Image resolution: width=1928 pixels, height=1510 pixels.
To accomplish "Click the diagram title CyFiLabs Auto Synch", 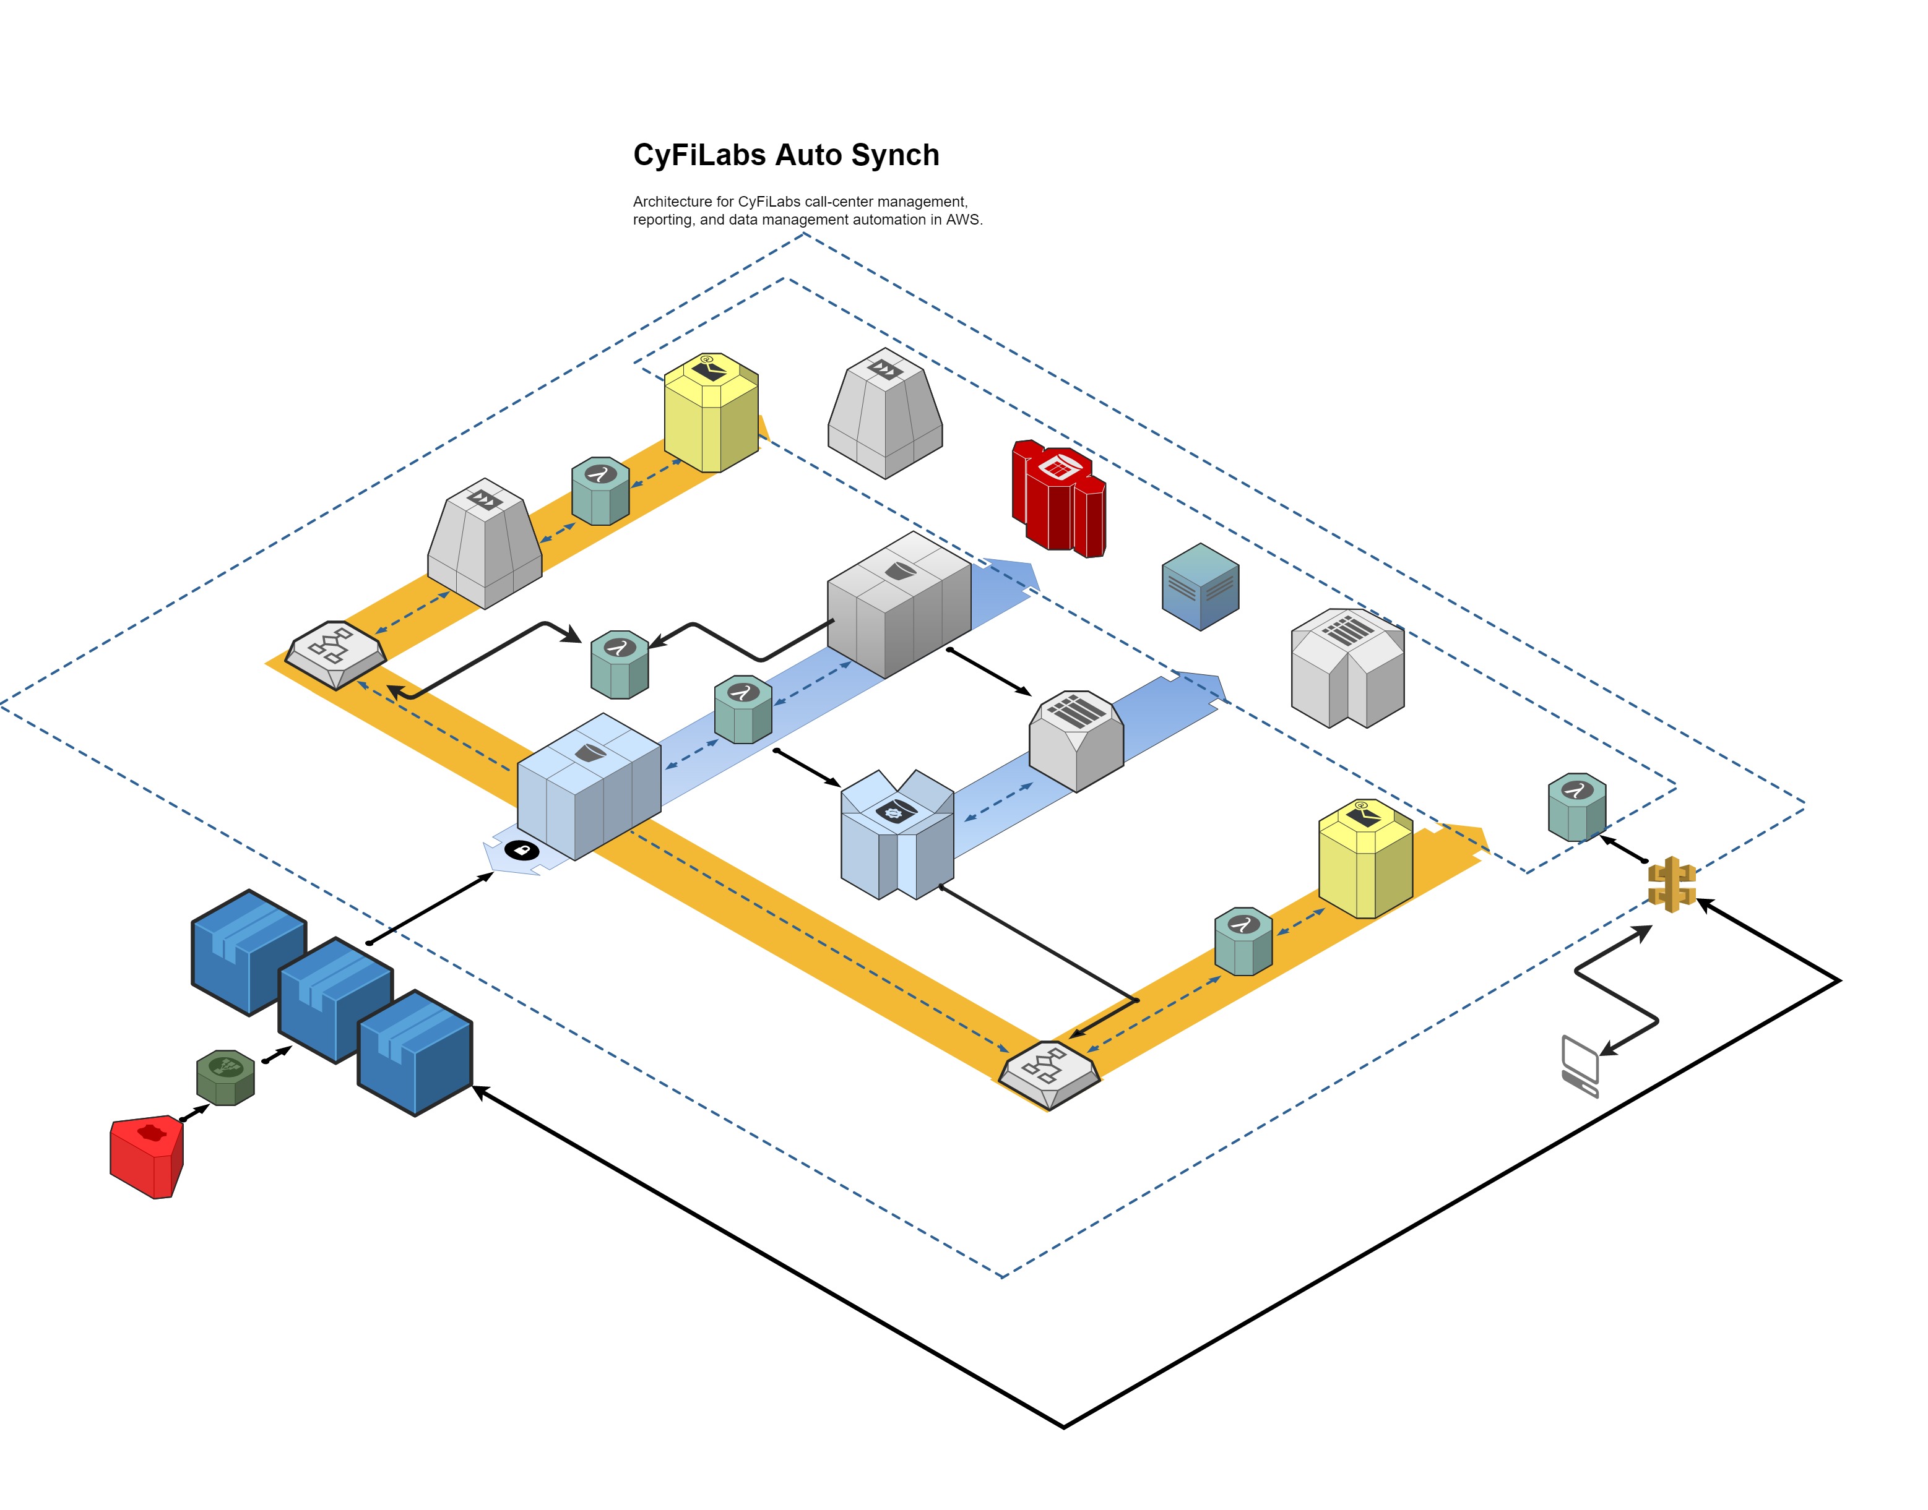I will point(785,156).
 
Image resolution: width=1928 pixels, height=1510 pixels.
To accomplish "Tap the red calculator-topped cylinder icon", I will point(1058,499).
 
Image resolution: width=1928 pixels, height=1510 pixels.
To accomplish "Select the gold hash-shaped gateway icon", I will point(1671,883).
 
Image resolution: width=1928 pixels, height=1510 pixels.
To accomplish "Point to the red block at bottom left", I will point(147,1156).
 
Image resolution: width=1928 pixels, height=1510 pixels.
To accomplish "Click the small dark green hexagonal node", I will point(225,1077).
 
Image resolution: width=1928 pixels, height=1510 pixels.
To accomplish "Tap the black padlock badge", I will point(522,851).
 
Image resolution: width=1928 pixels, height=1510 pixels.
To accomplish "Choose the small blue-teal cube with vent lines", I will point(1200,586).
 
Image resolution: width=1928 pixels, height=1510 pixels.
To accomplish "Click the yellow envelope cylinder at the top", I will point(711,412).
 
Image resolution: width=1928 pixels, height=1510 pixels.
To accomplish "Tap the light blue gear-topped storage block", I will point(897,836).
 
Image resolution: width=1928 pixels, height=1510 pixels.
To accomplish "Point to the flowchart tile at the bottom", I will point(1049,1074).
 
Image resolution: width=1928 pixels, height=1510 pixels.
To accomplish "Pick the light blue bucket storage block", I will point(589,786).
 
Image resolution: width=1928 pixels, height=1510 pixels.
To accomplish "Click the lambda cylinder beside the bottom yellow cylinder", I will point(1243,941).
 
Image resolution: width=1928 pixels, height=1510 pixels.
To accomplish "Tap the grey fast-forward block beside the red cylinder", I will point(885,412).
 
